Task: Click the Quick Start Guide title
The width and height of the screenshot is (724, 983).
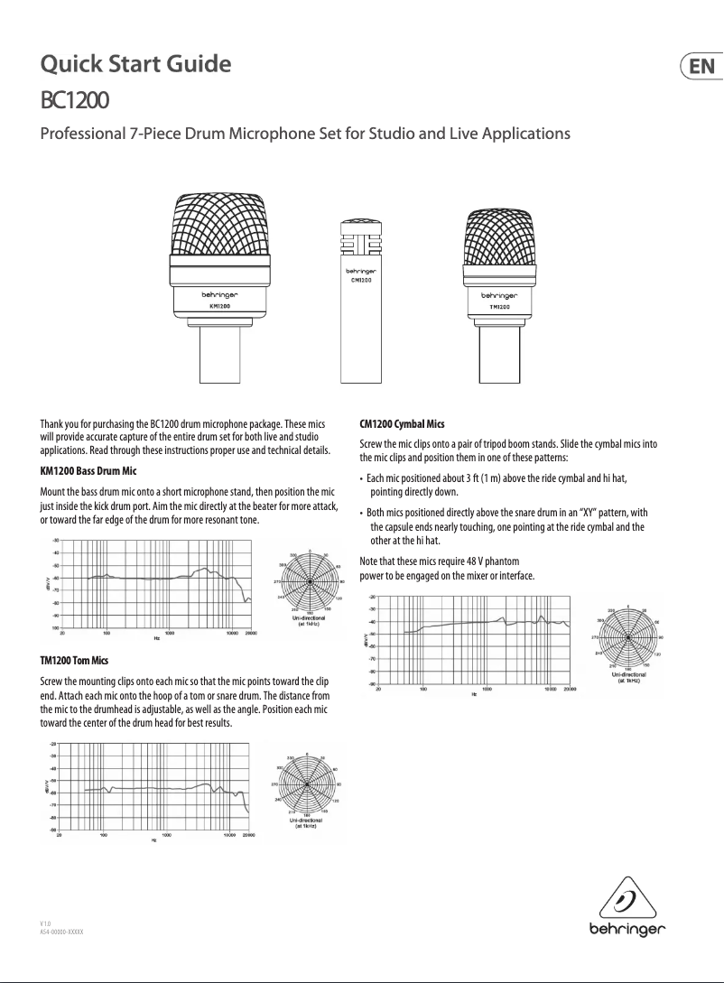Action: click(135, 64)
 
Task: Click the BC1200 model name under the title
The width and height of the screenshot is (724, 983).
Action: click(76, 97)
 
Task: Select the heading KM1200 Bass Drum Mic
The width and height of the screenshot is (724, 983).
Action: click(88, 471)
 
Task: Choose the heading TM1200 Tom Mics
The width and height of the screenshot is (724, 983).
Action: click(74, 662)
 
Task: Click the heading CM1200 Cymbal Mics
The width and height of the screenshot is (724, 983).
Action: click(402, 423)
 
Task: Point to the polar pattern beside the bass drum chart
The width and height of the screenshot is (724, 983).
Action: click(311, 583)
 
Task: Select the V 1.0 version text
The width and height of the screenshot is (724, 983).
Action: click(46, 923)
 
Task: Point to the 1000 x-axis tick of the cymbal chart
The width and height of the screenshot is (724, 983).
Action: click(487, 690)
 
